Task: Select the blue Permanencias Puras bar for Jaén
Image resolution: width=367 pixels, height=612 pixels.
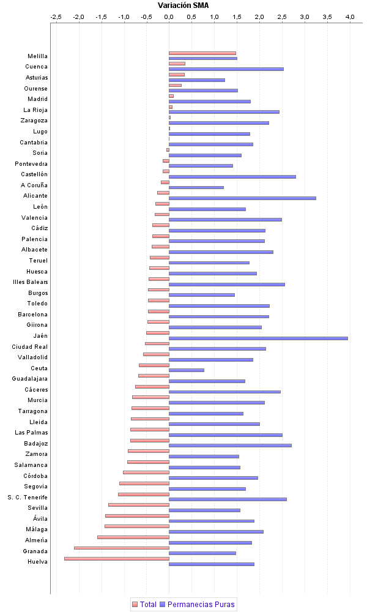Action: click(x=258, y=338)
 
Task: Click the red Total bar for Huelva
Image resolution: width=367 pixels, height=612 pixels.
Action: click(x=117, y=558)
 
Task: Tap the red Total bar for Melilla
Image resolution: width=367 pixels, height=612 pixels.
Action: click(x=202, y=53)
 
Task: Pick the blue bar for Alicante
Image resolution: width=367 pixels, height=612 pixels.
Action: click(x=242, y=198)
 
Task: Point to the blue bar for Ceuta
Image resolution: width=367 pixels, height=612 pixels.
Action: click(x=187, y=370)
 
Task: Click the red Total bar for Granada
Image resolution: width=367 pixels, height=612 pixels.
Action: click(x=122, y=548)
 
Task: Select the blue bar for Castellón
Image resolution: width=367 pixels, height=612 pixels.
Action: click(x=232, y=176)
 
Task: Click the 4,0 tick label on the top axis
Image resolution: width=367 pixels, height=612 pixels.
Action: click(x=350, y=17)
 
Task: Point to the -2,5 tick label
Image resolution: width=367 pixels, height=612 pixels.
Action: click(x=56, y=17)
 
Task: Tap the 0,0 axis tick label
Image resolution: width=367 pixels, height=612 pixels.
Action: click(x=169, y=17)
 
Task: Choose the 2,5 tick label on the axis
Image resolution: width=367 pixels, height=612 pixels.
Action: click(x=282, y=17)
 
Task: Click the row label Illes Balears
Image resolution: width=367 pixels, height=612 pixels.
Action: click(x=31, y=282)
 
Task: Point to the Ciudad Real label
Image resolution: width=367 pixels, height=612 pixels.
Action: click(x=30, y=346)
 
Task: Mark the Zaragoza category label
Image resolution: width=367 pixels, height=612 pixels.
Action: click(x=34, y=121)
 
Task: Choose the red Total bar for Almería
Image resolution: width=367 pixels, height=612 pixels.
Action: click(x=133, y=537)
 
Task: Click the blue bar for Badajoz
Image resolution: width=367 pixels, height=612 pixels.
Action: click(x=230, y=446)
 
